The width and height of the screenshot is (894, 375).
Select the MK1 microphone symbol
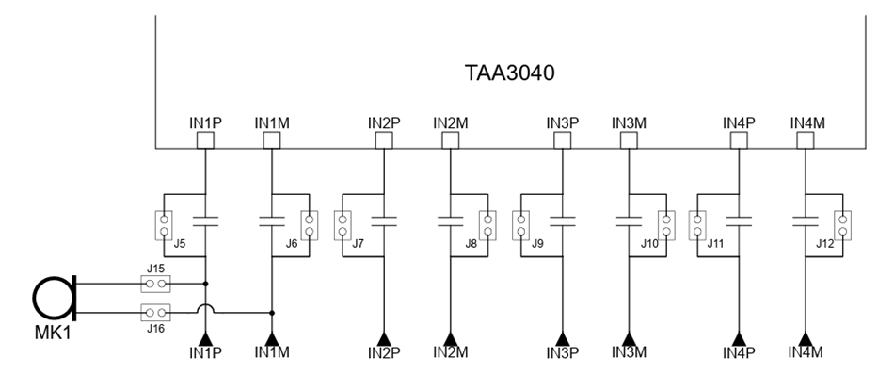pos(56,299)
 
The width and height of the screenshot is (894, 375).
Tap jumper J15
pos(156,282)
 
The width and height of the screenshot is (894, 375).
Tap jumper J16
pos(156,312)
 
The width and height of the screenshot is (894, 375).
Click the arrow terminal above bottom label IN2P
pos(384,336)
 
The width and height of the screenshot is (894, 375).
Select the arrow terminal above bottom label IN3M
pos(628,336)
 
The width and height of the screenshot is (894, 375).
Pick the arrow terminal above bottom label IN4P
pos(740,336)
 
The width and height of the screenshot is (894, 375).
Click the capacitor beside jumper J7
pos(384,223)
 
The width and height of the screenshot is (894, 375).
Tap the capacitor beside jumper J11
pos(740,223)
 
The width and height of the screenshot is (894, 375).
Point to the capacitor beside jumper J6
pos(272,223)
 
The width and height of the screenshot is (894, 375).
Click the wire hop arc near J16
pos(205,308)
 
